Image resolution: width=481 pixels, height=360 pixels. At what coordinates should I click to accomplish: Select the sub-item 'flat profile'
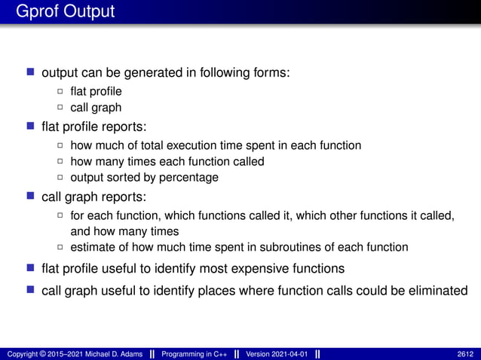[x=96, y=92]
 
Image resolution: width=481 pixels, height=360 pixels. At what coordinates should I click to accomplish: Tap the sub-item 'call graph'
[x=96, y=108]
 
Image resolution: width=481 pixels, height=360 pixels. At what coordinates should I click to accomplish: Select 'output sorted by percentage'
[x=144, y=178]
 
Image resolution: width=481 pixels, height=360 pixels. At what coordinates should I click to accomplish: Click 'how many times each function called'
[x=167, y=161]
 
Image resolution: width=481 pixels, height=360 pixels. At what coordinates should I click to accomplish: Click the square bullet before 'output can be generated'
[x=30, y=72]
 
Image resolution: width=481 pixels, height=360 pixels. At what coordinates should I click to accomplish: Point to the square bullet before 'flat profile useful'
[x=30, y=268]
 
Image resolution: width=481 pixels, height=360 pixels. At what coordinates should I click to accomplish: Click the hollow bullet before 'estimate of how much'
[x=61, y=247]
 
